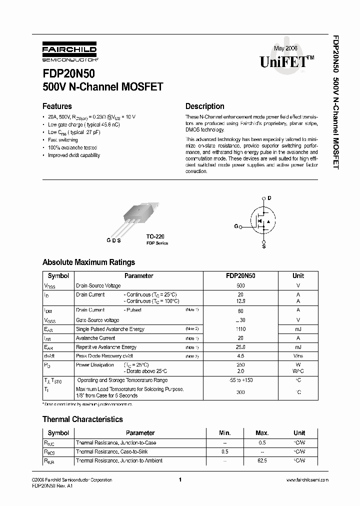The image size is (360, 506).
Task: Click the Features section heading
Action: tap(57, 106)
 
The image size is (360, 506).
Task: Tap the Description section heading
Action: tap(204, 106)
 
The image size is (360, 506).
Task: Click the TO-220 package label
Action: tap(155, 236)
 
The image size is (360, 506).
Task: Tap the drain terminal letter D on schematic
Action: tap(269, 198)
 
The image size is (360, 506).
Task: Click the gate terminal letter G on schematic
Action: tap(236, 226)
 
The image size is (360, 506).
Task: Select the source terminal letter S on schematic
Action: tap(264, 246)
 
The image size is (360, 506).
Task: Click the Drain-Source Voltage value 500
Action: tap(240, 285)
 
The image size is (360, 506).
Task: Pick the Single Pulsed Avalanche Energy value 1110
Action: tap(240, 329)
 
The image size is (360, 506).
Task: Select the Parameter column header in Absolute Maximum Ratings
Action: tap(138, 275)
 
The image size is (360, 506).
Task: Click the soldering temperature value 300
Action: tap(240, 392)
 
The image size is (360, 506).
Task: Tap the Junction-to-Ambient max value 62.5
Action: tap(262, 460)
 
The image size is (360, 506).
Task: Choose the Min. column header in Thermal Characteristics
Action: tap(225, 433)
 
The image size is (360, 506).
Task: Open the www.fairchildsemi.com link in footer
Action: tap(307, 480)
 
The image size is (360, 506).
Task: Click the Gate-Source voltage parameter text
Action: tap(97, 320)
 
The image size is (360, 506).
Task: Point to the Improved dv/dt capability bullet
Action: tap(74, 155)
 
